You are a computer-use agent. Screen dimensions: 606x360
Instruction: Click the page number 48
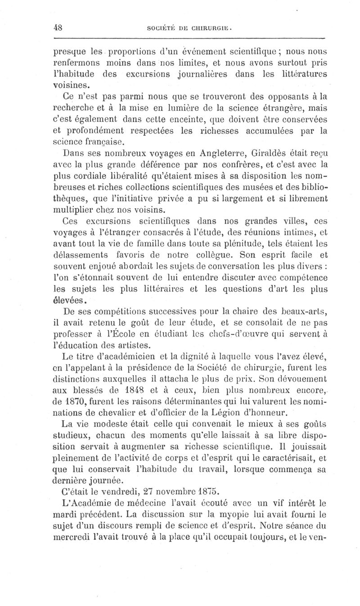click(x=58, y=27)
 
